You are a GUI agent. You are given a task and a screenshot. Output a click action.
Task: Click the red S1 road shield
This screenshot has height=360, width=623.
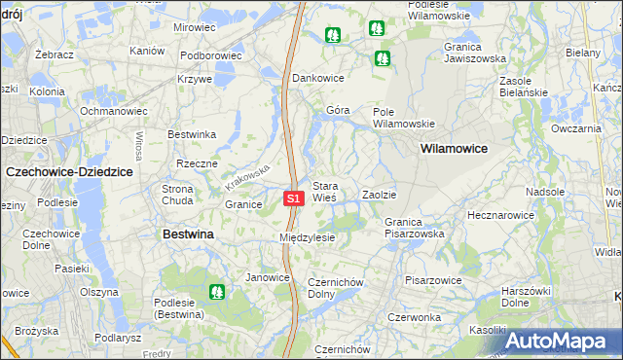[x=295, y=198]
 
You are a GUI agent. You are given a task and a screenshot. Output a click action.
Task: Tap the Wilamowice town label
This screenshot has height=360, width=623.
[x=454, y=149]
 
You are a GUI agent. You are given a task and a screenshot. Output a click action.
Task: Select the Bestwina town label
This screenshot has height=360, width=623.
[x=189, y=234]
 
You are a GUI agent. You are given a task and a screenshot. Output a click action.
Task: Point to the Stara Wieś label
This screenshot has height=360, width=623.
[x=324, y=191]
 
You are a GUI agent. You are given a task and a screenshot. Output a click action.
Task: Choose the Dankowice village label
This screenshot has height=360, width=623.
[x=319, y=77]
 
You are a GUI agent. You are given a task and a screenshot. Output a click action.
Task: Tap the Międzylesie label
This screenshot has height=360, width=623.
[x=307, y=237]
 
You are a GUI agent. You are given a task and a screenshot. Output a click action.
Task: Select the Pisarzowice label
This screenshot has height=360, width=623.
[x=434, y=280]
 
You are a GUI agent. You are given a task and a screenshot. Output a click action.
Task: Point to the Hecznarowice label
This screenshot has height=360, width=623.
[x=500, y=214]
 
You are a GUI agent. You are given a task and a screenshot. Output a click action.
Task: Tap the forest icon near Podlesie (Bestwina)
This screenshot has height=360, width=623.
[x=217, y=291]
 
